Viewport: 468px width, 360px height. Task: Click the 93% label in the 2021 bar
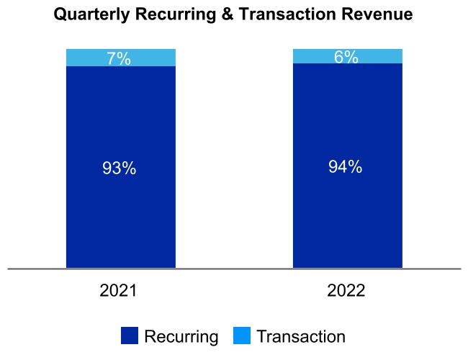(119, 168)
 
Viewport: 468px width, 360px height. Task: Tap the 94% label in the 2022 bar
(346, 167)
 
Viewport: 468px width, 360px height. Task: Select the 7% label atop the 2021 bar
(119, 59)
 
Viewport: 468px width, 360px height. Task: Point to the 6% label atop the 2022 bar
(346, 58)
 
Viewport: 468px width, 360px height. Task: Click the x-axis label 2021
(119, 292)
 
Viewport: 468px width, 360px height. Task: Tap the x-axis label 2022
(346, 292)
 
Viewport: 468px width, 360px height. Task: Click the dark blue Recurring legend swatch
(130, 336)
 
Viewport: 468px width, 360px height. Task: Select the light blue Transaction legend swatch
(242, 336)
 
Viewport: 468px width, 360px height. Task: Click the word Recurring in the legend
(181, 336)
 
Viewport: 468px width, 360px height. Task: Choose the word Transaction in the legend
(301, 336)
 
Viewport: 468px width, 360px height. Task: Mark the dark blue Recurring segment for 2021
(119, 216)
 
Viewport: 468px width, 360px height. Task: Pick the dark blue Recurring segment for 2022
(346, 216)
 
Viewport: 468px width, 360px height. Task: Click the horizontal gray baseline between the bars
(234, 269)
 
